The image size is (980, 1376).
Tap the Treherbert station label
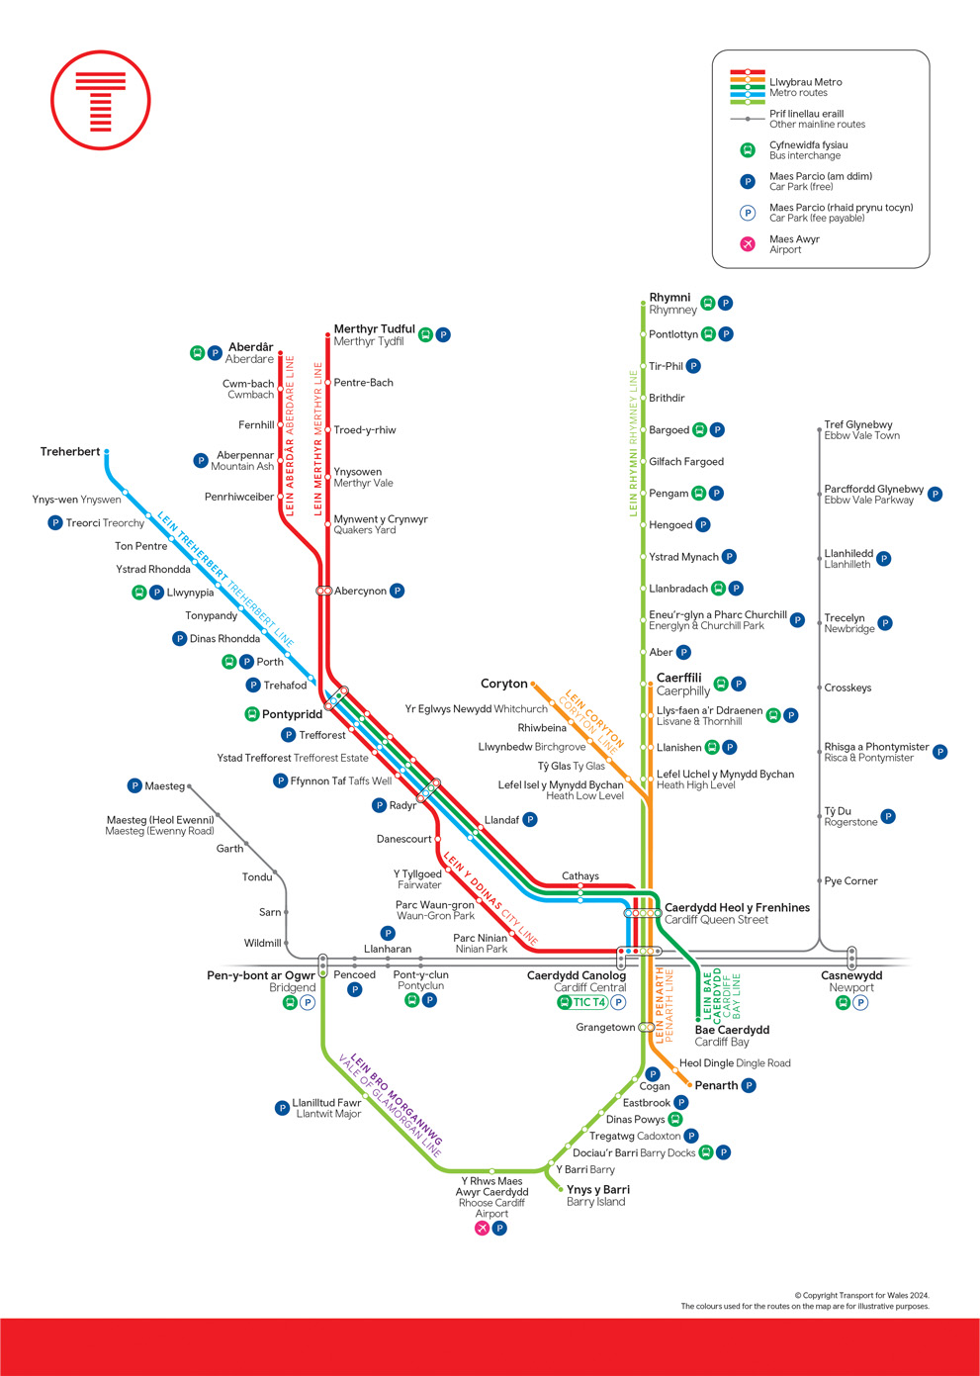[70, 451]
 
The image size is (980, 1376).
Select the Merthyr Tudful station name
[374, 328]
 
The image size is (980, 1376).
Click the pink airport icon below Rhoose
[483, 1228]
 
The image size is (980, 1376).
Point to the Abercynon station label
[360, 591]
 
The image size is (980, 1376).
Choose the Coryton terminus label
[504, 684]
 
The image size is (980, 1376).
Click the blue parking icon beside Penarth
[749, 1085]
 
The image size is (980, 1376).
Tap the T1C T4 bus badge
[582, 1002]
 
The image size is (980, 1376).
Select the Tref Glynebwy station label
[857, 424]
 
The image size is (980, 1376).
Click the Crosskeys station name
[847, 688]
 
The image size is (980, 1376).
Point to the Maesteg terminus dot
[189, 786]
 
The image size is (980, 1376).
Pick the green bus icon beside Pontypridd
[252, 714]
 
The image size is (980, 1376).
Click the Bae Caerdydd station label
[732, 1030]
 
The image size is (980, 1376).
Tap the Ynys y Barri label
[598, 1189]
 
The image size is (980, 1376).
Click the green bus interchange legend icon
[748, 150]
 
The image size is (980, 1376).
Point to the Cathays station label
[580, 875]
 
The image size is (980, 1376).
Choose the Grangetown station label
[605, 1027]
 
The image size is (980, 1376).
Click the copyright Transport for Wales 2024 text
[862, 1295]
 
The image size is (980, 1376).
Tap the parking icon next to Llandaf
[530, 819]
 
